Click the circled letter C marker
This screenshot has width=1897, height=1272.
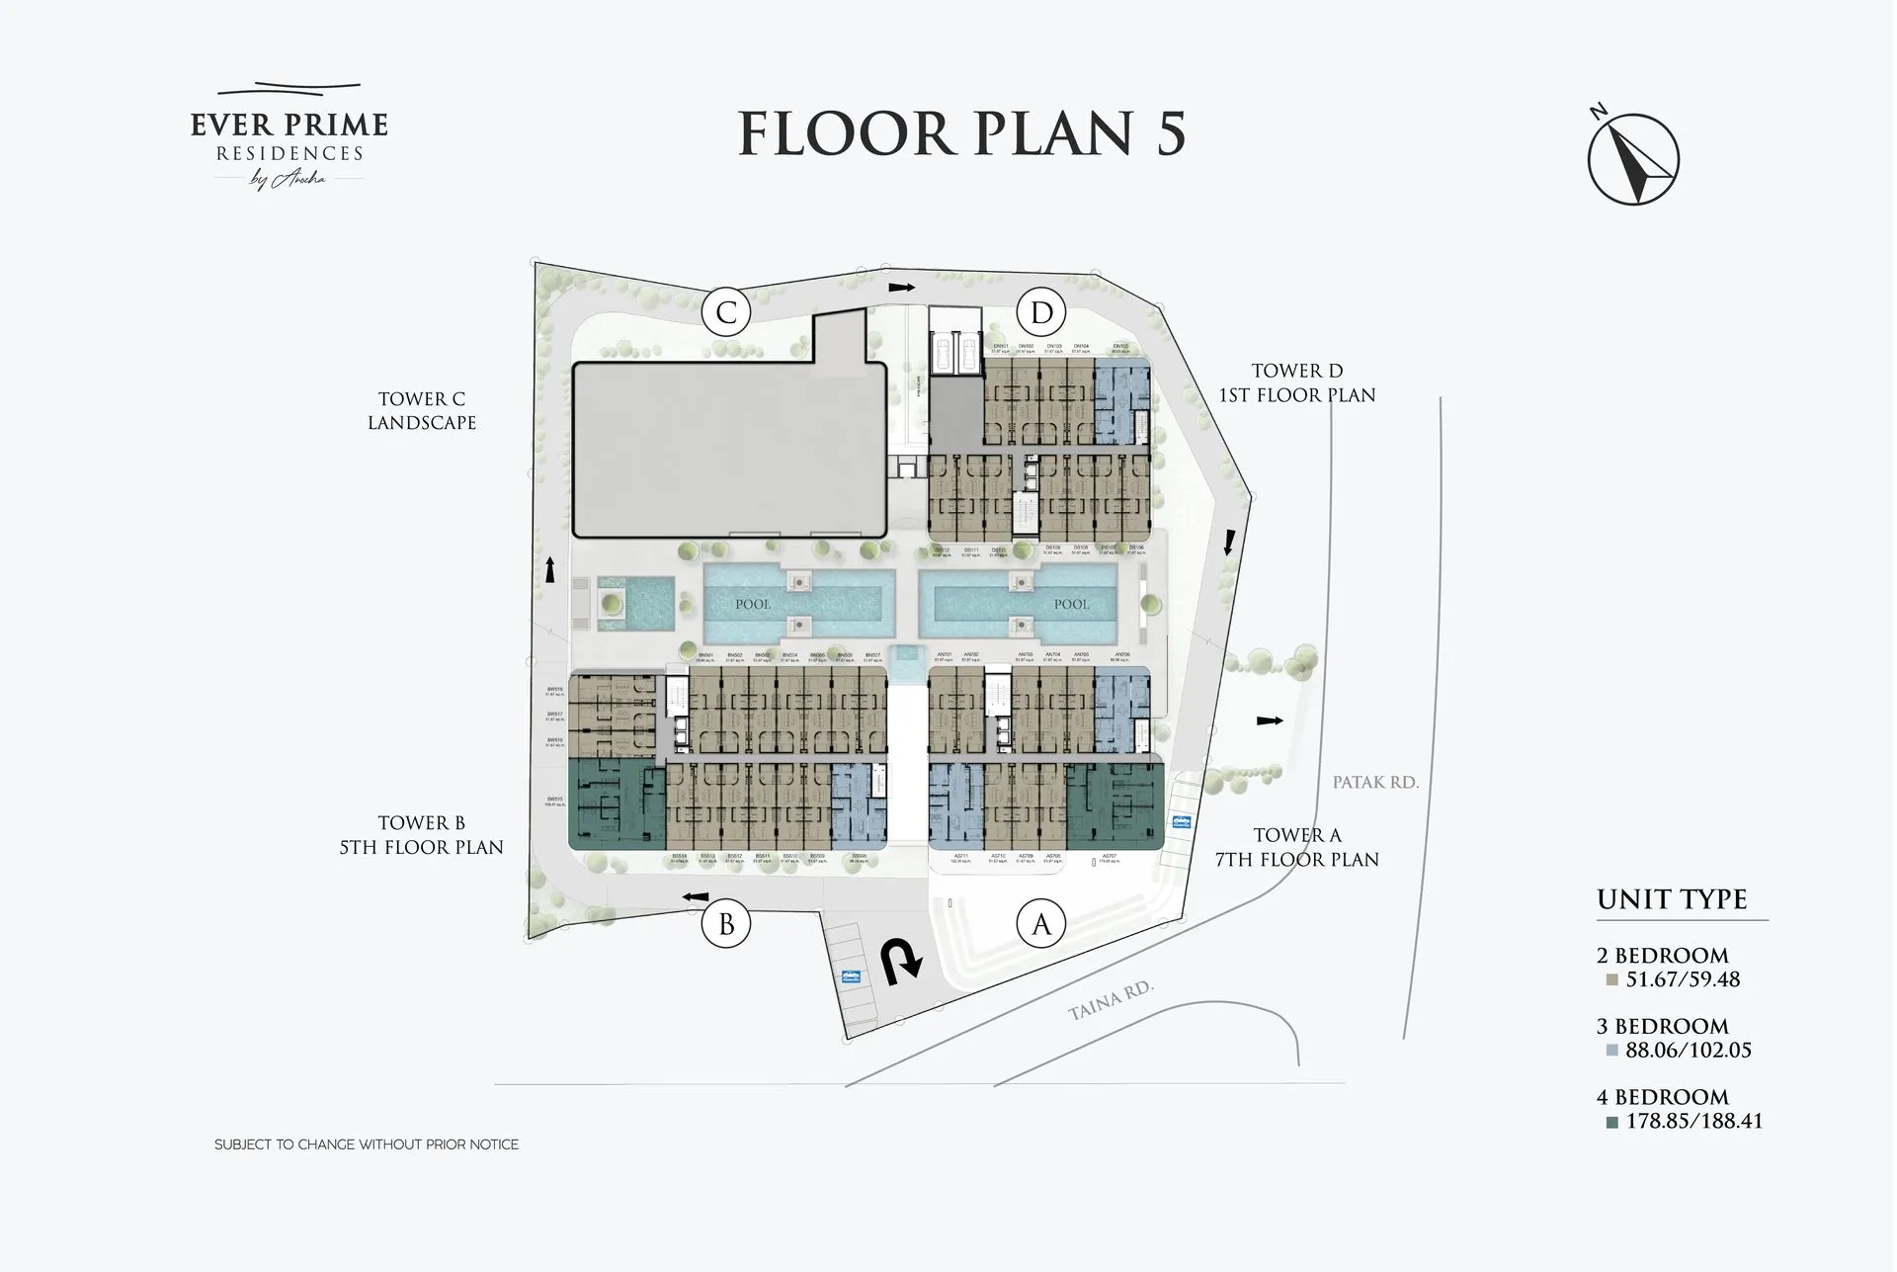click(x=726, y=312)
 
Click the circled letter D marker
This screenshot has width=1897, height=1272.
click(x=1041, y=312)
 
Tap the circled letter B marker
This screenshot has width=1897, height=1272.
click(x=726, y=924)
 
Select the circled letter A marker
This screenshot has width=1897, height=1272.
click(x=1041, y=924)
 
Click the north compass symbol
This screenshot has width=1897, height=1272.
click(x=1633, y=158)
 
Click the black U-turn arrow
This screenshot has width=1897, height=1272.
click(x=901, y=962)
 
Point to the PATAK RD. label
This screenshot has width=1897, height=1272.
click(x=1374, y=782)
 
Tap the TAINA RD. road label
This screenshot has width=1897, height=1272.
click(x=1111, y=1000)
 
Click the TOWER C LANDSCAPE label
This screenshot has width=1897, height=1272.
click(x=422, y=410)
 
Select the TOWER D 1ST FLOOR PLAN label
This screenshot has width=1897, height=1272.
click(x=1296, y=382)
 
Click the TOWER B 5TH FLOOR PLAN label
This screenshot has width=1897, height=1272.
click(x=422, y=835)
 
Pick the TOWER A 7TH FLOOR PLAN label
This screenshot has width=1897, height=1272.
click(x=1296, y=847)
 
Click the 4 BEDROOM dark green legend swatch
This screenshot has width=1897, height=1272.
click(x=1612, y=1122)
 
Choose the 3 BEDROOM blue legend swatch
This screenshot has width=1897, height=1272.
click(x=1612, y=1051)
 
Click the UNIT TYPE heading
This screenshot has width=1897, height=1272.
click(x=1672, y=899)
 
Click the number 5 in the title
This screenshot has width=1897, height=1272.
click(x=1170, y=133)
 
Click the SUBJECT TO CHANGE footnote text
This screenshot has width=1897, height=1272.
click(x=367, y=1145)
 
